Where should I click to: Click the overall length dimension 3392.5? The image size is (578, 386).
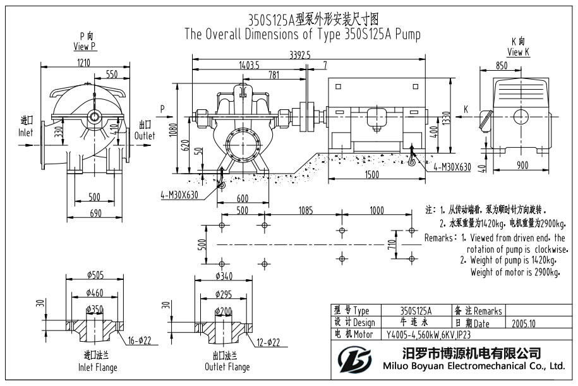click(x=300, y=55)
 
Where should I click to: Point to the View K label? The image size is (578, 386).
click(x=518, y=52)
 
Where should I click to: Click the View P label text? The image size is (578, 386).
click(x=85, y=46)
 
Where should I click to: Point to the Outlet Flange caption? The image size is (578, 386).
click(x=227, y=367)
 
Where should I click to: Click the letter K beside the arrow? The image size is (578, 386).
click(x=466, y=109)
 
